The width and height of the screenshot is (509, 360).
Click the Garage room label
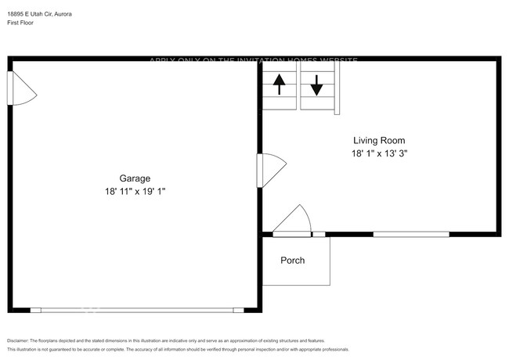tap(135, 178)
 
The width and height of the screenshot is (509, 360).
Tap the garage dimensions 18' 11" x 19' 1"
tap(135, 191)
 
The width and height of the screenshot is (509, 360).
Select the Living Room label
tap(379, 141)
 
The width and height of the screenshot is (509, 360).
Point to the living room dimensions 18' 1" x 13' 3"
tap(379, 154)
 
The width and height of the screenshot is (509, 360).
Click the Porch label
tap(292, 261)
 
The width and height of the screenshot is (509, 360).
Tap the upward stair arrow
tap(279, 83)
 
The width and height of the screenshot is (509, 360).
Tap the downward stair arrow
tap(316, 84)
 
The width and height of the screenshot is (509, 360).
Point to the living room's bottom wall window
tap(411, 234)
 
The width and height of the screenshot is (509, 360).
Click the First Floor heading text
tap(20, 23)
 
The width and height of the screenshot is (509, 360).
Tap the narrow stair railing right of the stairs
tap(337, 87)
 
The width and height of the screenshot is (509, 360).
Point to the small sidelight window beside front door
tap(319, 234)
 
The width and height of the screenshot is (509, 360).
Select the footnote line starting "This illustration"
tap(178, 350)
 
